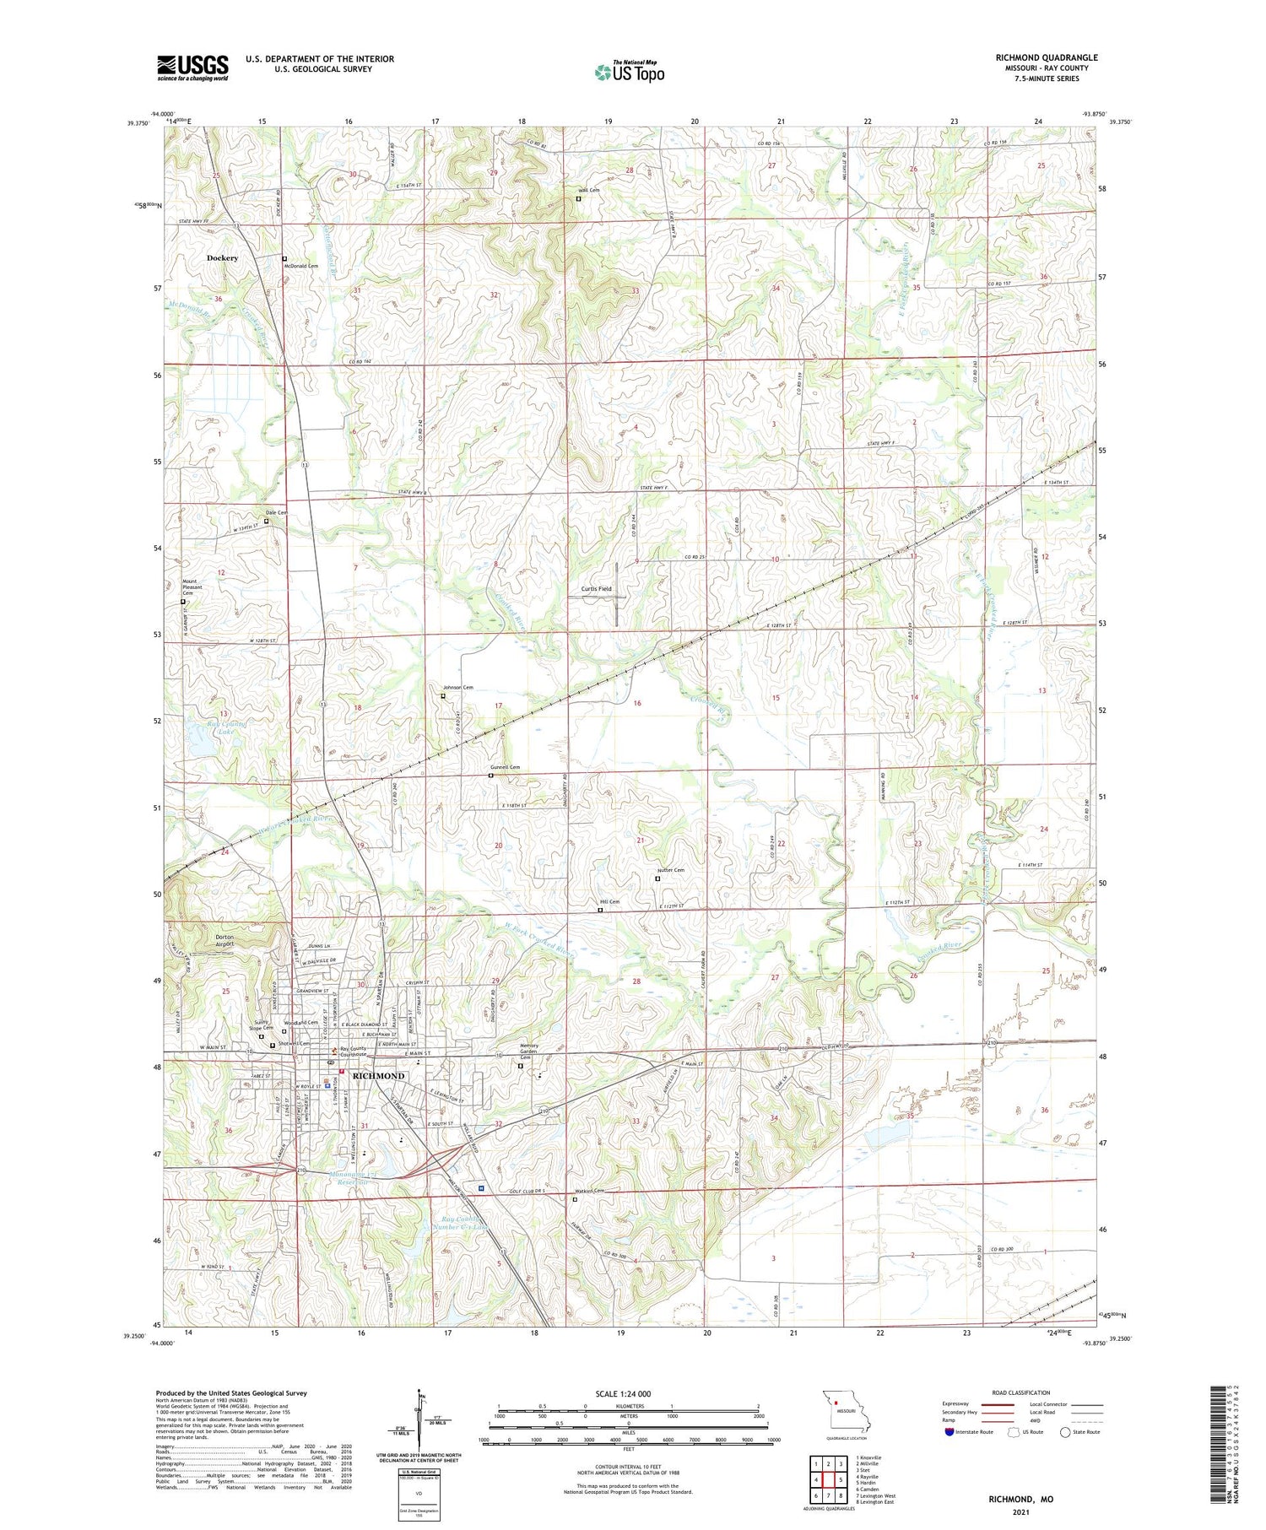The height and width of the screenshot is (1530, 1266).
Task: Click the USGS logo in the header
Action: point(192,67)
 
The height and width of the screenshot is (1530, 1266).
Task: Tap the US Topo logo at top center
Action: point(629,73)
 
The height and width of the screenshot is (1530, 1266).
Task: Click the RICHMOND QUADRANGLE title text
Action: point(1046,57)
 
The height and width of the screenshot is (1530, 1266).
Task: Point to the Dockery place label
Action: point(223,257)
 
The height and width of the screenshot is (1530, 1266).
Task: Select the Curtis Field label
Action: point(596,588)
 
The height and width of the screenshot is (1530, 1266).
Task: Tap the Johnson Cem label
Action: point(458,688)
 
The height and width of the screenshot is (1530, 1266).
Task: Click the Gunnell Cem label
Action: point(505,767)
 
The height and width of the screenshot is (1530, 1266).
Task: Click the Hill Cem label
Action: point(609,901)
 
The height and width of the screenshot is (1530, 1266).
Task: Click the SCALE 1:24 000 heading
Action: point(628,1393)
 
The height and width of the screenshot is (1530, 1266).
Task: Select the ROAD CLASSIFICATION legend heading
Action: point(1021,1392)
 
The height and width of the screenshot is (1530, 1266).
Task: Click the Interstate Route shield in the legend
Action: point(949,1431)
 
